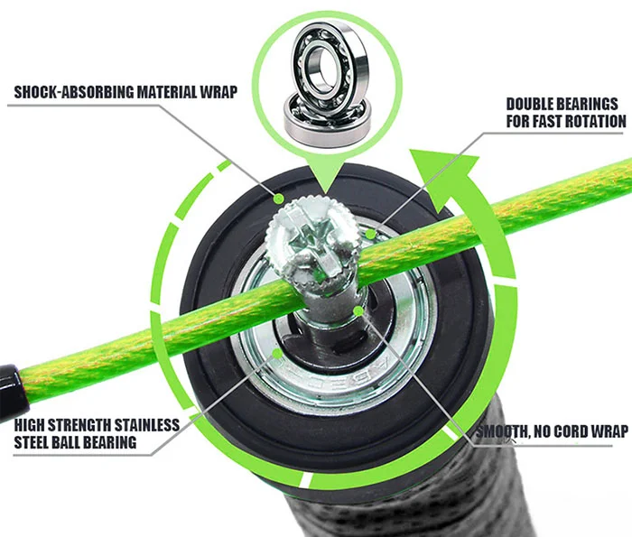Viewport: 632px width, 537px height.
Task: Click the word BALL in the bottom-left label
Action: (x=70, y=442)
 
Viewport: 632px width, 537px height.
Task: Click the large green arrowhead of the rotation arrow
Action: (x=443, y=174)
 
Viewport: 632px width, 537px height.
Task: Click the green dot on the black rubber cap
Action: (x=278, y=199)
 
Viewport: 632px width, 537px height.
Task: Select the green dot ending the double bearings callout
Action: (x=371, y=234)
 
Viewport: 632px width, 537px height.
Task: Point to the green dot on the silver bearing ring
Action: (x=277, y=353)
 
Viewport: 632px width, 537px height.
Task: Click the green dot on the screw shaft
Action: (x=358, y=310)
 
